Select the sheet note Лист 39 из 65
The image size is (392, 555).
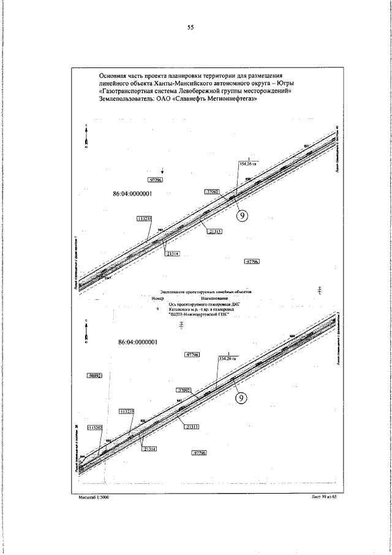324,497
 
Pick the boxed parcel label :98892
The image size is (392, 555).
94,375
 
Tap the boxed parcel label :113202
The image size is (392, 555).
96,427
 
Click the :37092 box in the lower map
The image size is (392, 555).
184,390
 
